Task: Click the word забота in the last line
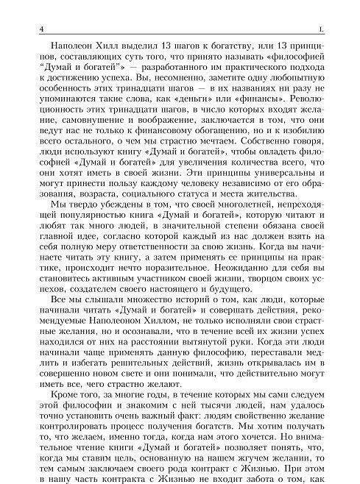click(286, 481)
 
